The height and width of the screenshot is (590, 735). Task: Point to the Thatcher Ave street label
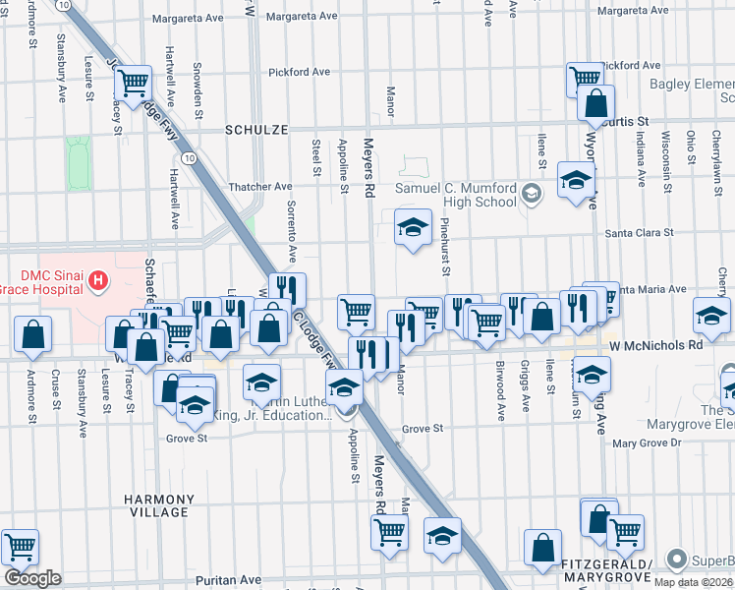pyautogui.click(x=260, y=186)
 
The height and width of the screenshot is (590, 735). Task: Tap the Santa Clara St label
pyautogui.click(x=639, y=233)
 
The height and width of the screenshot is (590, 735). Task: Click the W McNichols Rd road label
pyautogui.click(x=655, y=346)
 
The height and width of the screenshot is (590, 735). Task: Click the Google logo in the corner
pyautogui.click(x=32, y=578)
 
